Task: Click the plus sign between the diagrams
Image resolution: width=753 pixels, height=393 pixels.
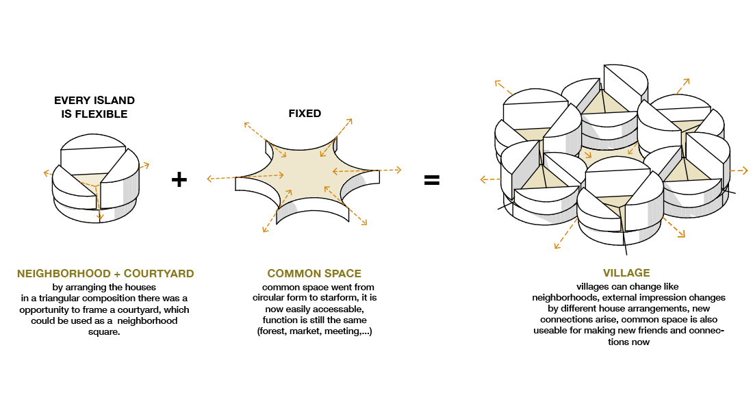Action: click(x=179, y=180)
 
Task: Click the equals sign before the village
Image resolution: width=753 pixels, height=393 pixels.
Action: click(x=431, y=181)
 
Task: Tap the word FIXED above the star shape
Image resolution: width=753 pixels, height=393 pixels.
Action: click(x=305, y=114)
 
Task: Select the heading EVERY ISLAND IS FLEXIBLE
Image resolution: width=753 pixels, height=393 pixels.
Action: click(x=94, y=107)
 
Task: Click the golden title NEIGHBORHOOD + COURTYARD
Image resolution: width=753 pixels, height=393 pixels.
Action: click(x=105, y=274)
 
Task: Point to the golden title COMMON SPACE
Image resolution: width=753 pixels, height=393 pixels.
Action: click(x=314, y=273)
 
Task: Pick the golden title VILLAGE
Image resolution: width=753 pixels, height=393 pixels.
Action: click(x=626, y=273)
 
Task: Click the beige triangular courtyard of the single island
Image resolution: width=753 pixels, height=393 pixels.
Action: click(x=86, y=181)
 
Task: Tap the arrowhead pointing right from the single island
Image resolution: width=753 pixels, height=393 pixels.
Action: click(x=146, y=165)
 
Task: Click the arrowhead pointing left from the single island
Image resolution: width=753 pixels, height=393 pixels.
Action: click(x=45, y=173)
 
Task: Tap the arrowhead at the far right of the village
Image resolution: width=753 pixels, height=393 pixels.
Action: click(x=745, y=170)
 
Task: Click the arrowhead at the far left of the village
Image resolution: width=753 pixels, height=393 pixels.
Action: click(x=483, y=180)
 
